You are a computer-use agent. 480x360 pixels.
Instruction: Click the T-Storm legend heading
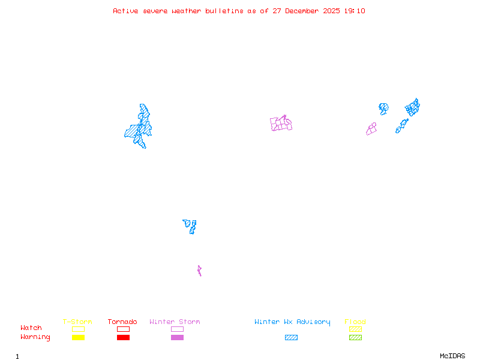(x=77, y=322)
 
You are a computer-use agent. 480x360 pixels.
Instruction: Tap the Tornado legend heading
(x=122, y=322)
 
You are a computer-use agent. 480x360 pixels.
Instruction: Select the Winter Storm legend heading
(x=175, y=322)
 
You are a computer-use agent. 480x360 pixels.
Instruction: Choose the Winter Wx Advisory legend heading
(x=292, y=322)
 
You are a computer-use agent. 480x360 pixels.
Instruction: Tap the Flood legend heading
(x=355, y=322)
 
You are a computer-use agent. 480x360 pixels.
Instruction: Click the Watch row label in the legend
(x=31, y=328)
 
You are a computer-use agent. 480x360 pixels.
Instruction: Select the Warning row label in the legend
(x=35, y=337)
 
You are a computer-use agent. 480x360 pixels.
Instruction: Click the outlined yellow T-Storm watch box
(x=78, y=329)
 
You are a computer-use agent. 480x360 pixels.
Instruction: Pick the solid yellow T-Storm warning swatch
(x=78, y=338)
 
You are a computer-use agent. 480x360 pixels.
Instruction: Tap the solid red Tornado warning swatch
(x=123, y=338)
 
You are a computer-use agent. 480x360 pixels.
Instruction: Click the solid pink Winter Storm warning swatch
(x=177, y=338)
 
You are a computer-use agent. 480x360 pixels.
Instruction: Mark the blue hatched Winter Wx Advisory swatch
(x=291, y=338)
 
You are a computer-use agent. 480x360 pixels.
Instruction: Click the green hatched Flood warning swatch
(x=355, y=338)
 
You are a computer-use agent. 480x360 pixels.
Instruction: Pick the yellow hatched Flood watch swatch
(x=355, y=329)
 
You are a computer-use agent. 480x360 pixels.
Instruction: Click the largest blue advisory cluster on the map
(x=139, y=127)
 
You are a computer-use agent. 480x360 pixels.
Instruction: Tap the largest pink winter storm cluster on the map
(x=281, y=124)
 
